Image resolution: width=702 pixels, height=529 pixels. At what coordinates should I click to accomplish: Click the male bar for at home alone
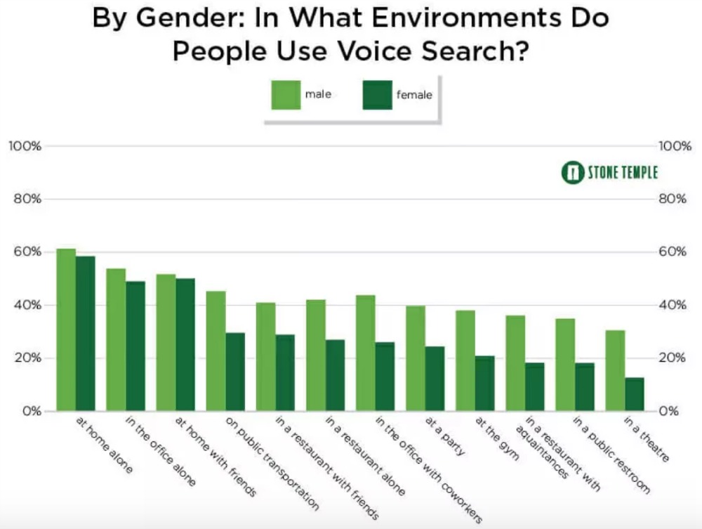66,329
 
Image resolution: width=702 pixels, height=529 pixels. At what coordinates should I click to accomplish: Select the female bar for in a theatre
635,394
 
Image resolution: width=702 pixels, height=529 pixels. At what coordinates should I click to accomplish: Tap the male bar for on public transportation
216,351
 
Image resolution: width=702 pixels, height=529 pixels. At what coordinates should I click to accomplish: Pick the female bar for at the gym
484,383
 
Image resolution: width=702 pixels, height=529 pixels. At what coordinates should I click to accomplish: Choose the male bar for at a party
415,358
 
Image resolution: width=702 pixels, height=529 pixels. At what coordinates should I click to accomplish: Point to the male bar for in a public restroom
565,365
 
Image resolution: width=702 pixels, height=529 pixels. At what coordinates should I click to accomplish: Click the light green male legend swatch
285,95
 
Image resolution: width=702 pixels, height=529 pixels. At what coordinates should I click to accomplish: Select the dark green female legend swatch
377,95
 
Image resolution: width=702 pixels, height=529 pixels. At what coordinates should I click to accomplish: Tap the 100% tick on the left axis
25,146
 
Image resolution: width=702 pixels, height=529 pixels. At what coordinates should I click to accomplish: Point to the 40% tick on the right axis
675,305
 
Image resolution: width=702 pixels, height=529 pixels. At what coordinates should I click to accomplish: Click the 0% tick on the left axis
30,411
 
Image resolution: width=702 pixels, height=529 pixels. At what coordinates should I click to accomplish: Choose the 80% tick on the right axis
675,199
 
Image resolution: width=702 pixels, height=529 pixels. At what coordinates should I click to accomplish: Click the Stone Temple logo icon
573,172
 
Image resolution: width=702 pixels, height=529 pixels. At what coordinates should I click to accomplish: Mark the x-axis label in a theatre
645,439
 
